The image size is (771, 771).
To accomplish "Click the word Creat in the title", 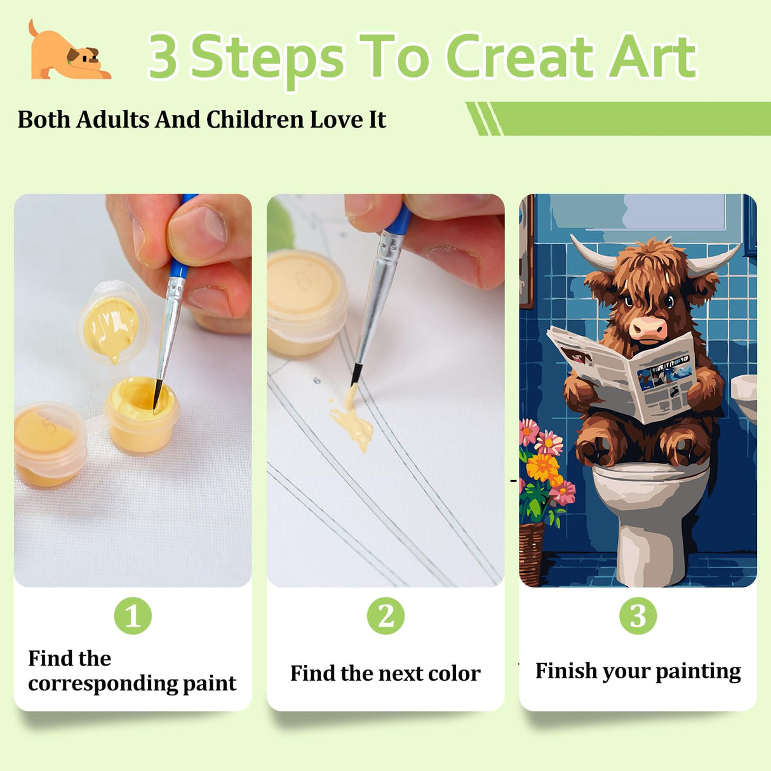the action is click(x=520, y=56).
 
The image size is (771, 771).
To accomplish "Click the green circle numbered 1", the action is click(x=133, y=615).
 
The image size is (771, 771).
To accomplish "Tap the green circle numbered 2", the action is click(x=385, y=615).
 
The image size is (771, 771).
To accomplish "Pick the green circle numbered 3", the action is click(x=638, y=615).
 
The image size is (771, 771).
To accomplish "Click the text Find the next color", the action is click(x=385, y=673).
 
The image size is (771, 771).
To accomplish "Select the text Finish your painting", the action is click(x=638, y=671).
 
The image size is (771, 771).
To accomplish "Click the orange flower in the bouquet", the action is click(x=543, y=468).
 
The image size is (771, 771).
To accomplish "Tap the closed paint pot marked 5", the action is click(x=50, y=444).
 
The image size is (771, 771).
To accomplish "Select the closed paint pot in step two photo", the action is click(x=307, y=302).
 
